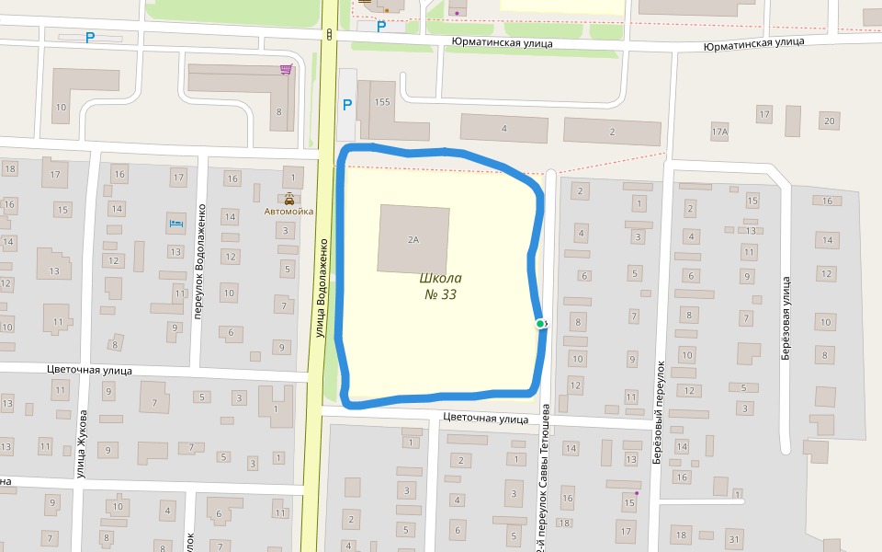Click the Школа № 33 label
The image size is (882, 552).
[441, 286]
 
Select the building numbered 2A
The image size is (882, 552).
[413, 239]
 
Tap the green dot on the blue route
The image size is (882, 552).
[540, 324]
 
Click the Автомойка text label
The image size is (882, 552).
[289, 212]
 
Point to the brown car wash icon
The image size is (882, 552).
[289, 198]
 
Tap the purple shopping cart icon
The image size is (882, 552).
[288, 69]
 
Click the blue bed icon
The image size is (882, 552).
[175, 223]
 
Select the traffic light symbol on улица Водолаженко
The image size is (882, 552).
[329, 35]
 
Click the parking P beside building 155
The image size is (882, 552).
[346, 105]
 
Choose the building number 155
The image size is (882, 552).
[383, 101]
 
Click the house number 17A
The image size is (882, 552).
[718, 132]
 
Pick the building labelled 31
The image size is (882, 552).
[733, 538]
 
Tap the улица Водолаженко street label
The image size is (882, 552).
[322, 287]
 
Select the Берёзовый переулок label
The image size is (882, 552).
[659, 412]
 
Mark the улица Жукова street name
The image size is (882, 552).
[81, 444]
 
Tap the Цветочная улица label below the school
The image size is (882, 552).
[485, 418]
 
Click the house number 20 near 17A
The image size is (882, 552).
[830, 121]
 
